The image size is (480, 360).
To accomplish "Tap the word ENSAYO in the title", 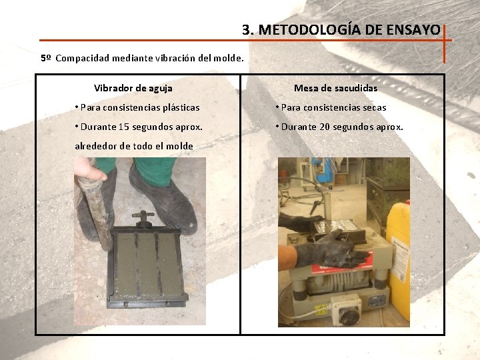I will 418,30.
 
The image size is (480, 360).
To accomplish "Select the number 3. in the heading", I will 248,30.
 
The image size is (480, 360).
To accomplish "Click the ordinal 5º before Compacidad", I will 45,58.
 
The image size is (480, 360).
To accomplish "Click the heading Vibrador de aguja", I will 133,88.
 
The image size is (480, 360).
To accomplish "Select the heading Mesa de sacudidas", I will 335,88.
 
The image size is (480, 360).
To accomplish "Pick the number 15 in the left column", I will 123,127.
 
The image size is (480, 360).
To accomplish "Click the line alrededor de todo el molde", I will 134,146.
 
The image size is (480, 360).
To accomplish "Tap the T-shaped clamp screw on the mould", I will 143,218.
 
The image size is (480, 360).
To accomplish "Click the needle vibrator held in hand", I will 96,207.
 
